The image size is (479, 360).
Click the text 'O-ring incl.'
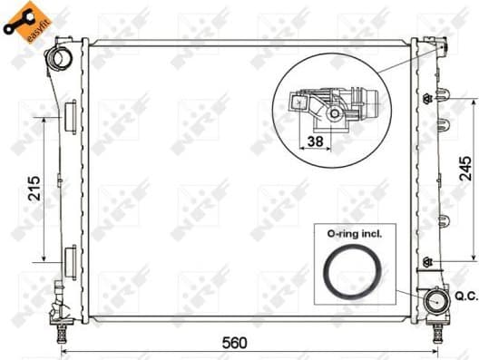[x=349, y=233]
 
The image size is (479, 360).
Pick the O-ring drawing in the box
[x=349, y=271]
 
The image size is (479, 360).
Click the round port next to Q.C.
[x=437, y=300]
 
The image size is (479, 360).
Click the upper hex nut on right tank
[x=426, y=98]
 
